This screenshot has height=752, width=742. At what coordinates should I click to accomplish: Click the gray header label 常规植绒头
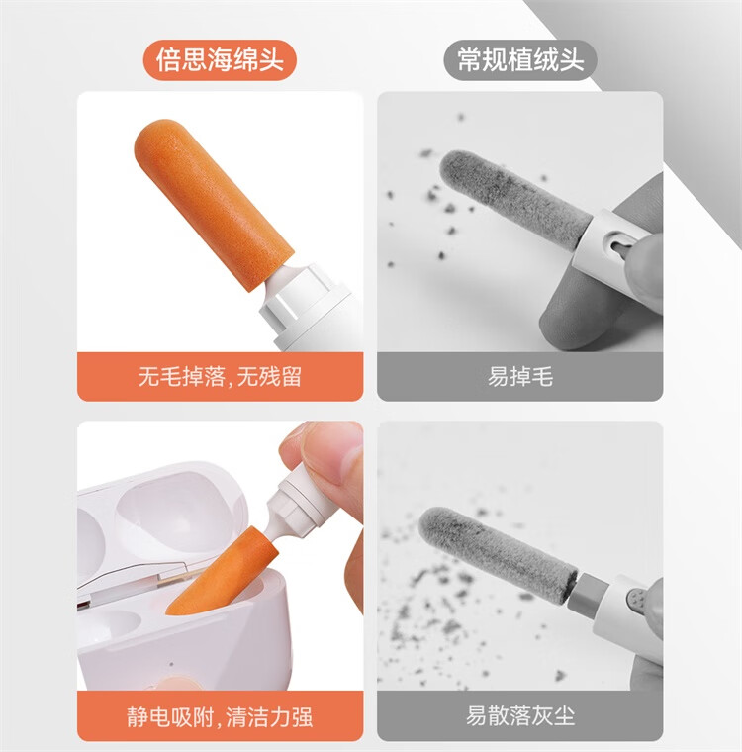[x=519, y=60]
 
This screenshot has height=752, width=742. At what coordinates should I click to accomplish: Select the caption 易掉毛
[x=519, y=376]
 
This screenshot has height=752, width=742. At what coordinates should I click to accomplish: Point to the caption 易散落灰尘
[x=519, y=716]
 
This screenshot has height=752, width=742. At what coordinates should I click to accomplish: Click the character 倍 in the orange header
[x=169, y=60]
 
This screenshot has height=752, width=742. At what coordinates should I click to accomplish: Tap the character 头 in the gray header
[x=573, y=60]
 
